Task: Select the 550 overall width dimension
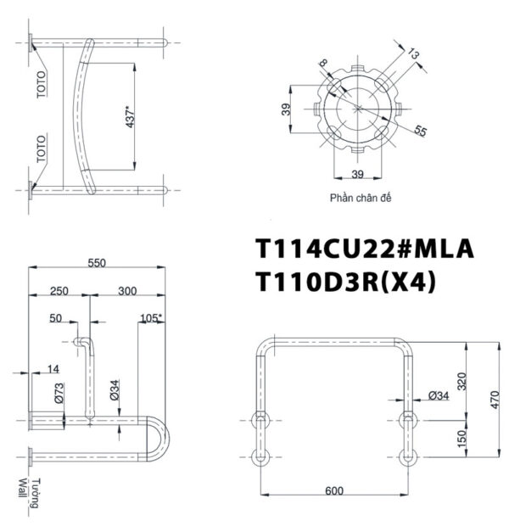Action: point(98,263)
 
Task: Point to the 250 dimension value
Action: point(59,291)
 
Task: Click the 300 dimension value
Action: point(128,291)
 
